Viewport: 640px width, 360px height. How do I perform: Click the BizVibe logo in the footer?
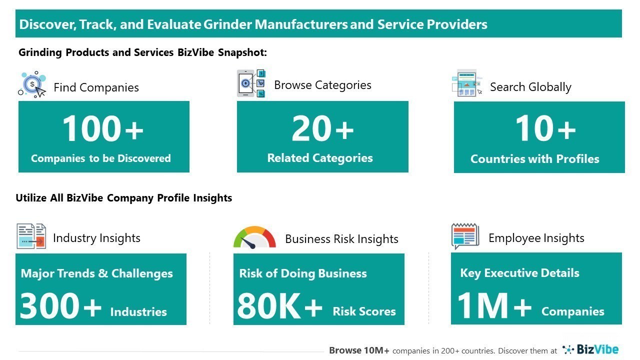click(590, 349)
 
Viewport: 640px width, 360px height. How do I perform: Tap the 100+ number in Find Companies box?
click(103, 128)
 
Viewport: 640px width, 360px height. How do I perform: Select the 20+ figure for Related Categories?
click(322, 128)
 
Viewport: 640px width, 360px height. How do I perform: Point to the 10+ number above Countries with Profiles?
click(545, 128)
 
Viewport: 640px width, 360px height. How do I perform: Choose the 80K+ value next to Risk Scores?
click(279, 306)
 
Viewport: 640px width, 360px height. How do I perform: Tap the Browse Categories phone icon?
click(251, 83)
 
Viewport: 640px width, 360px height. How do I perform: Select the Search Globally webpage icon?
click(467, 83)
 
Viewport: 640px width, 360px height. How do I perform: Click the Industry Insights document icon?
click(31, 236)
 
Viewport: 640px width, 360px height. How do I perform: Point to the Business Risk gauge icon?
click(254, 238)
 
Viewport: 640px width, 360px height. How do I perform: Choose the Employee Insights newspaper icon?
click(465, 236)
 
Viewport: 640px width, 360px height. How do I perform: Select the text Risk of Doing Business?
click(303, 273)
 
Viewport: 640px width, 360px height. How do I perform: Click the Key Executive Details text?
click(519, 273)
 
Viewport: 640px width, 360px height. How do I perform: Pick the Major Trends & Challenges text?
click(97, 273)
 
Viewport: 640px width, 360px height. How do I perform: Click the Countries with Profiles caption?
click(535, 159)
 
